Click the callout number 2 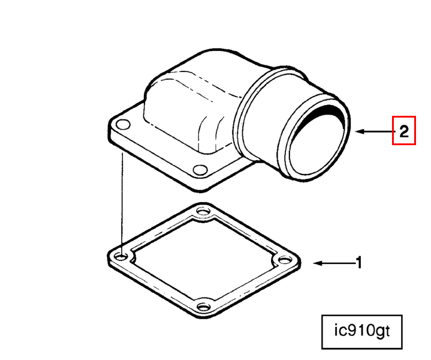click(x=404, y=131)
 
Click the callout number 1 click(x=359, y=263)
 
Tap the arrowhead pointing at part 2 click(x=360, y=131)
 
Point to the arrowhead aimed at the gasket click(x=318, y=263)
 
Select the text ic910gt click(x=361, y=331)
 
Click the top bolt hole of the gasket click(x=203, y=212)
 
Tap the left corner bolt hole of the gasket click(x=121, y=257)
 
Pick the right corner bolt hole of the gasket click(x=285, y=260)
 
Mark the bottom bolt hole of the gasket click(x=204, y=306)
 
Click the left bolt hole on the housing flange click(x=123, y=124)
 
